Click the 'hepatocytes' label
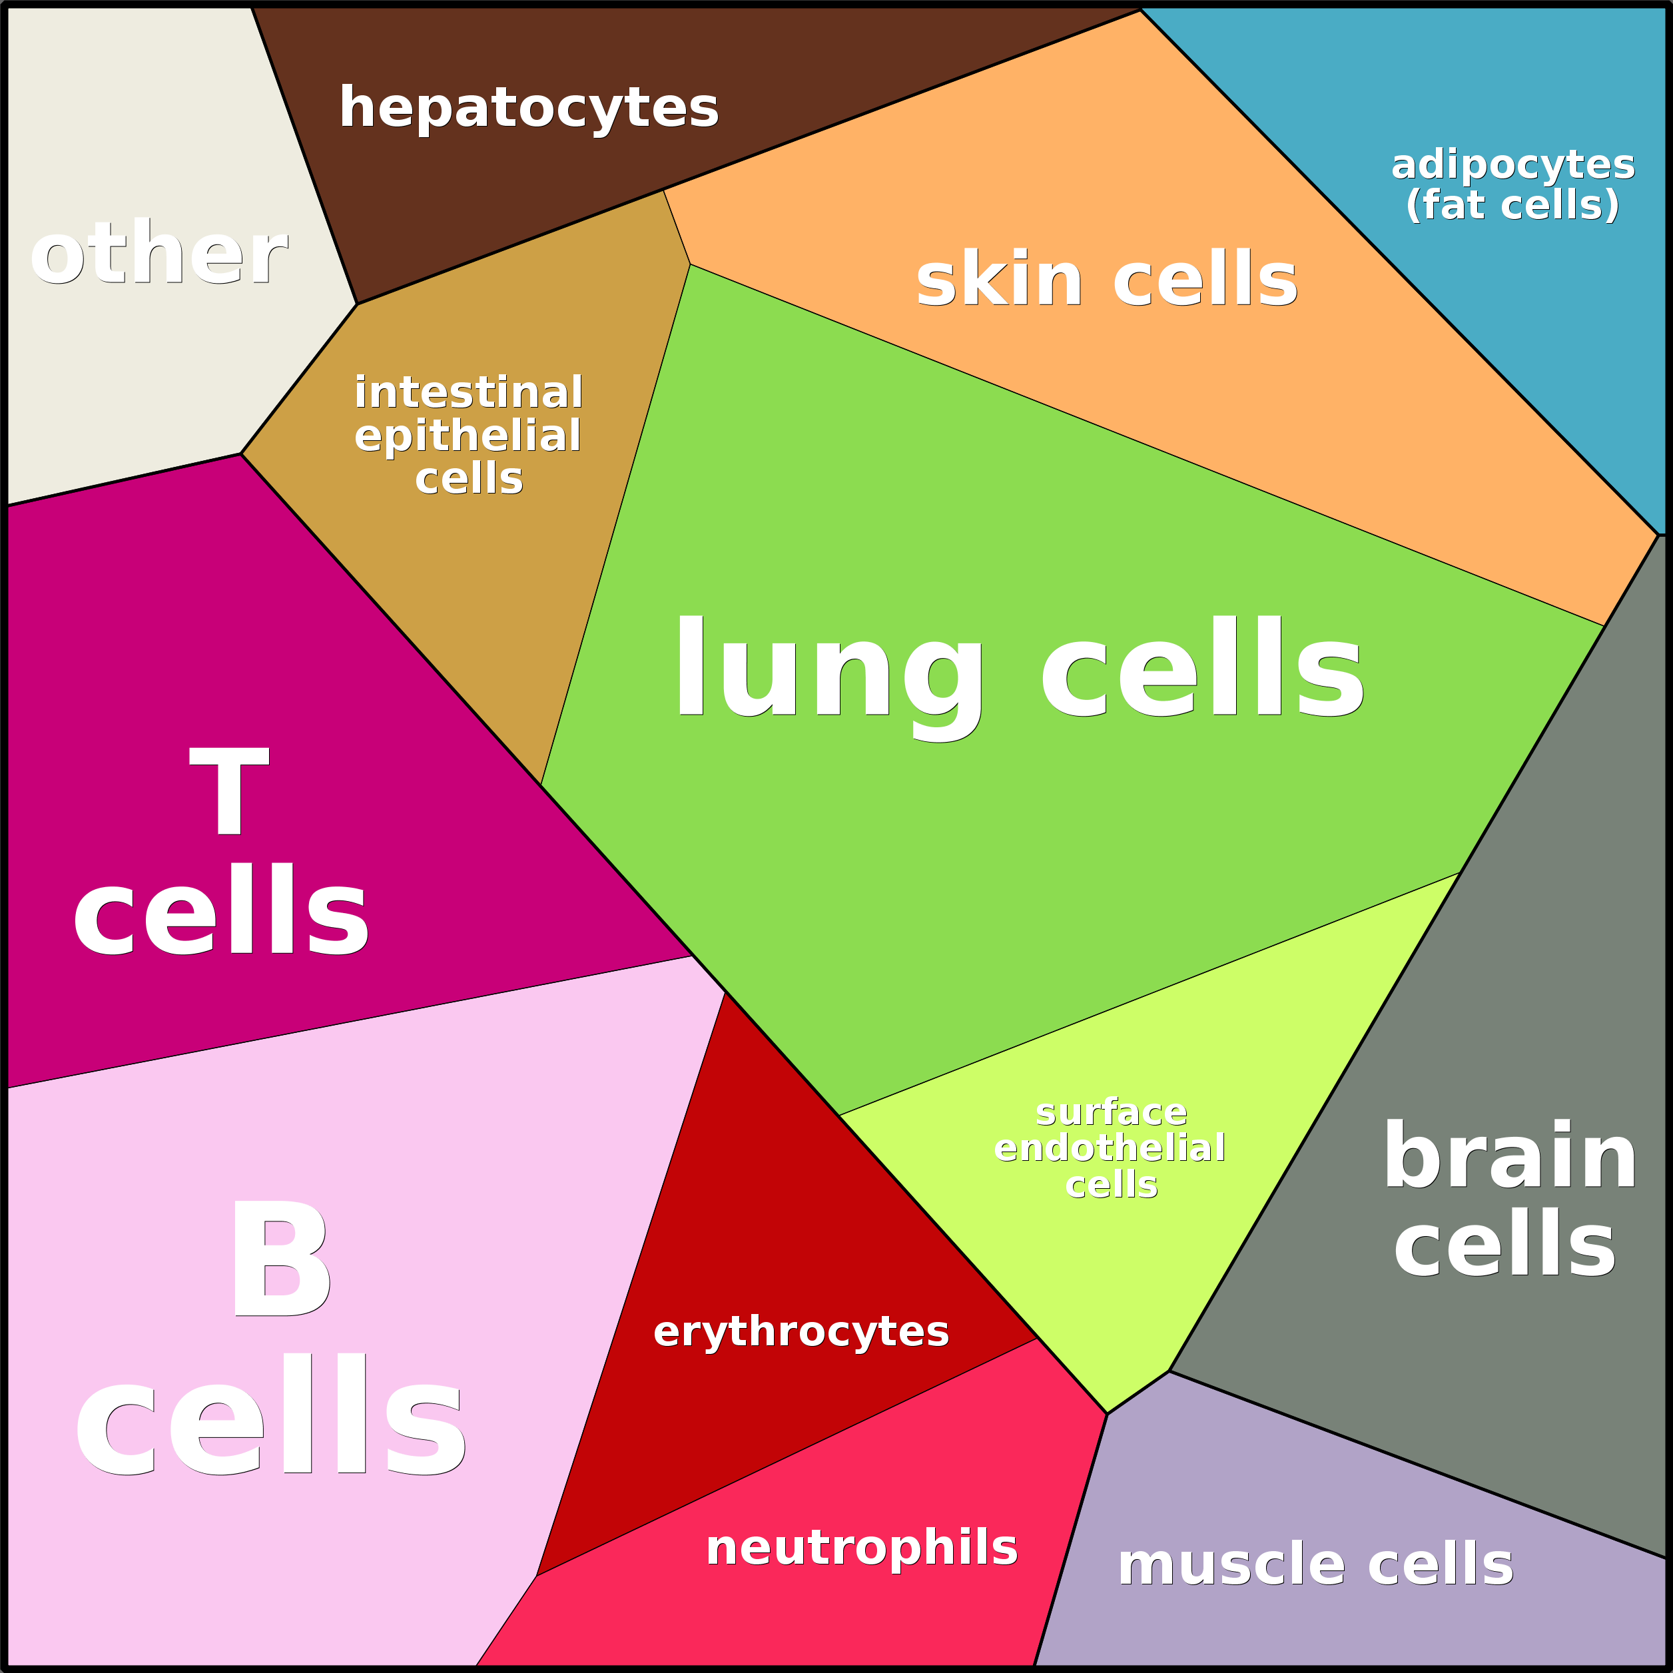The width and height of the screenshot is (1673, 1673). (x=528, y=109)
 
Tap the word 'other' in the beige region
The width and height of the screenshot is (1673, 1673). (x=159, y=254)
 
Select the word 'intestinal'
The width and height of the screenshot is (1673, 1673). (x=468, y=392)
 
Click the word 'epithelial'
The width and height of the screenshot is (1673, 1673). (x=468, y=436)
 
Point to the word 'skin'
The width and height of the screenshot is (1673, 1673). (x=998, y=279)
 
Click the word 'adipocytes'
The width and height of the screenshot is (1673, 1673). (x=1512, y=165)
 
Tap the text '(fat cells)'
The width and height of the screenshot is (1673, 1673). (x=1512, y=205)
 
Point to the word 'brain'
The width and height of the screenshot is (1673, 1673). (x=1510, y=1156)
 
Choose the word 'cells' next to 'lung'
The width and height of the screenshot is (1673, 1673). (x=1202, y=667)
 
